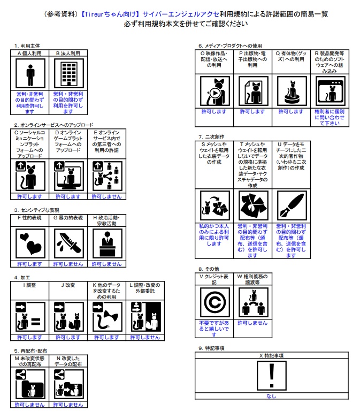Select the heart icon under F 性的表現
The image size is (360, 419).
coord(30,243)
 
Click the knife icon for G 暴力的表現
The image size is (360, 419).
coord(68,243)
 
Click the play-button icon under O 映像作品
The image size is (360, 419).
coord(214,92)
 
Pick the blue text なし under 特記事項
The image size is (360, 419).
coord(271,396)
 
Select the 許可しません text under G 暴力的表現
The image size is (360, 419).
coord(68,264)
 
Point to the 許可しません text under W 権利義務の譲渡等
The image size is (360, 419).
coord(252,323)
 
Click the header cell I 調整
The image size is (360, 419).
coord(30,285)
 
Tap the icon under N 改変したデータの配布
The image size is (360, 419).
coord(68,384)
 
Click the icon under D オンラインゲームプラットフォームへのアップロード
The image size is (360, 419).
coord(68,176)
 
